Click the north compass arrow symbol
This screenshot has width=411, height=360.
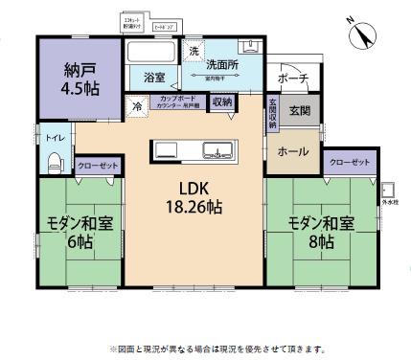363,35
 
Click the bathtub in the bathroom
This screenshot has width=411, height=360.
152,53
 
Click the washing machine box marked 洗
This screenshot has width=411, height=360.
193,50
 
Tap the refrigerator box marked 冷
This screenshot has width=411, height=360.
140,105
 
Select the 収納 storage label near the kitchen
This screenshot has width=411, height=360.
222,101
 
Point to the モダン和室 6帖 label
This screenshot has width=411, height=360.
80,233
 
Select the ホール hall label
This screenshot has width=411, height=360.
291,151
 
